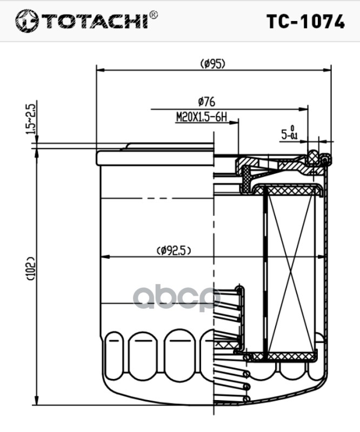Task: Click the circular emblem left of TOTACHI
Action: [x=27, y=21]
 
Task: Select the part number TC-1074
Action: [x=305, y=22]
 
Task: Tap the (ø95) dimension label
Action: [x=212, y=64]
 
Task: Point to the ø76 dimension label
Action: [x=206, y=102]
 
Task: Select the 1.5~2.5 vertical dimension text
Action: [x=31, y=119]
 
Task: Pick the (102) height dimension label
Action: [x=30, y=268]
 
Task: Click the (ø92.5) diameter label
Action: [x=174, y=251]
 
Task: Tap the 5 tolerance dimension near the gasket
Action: [x=289, y=133]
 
